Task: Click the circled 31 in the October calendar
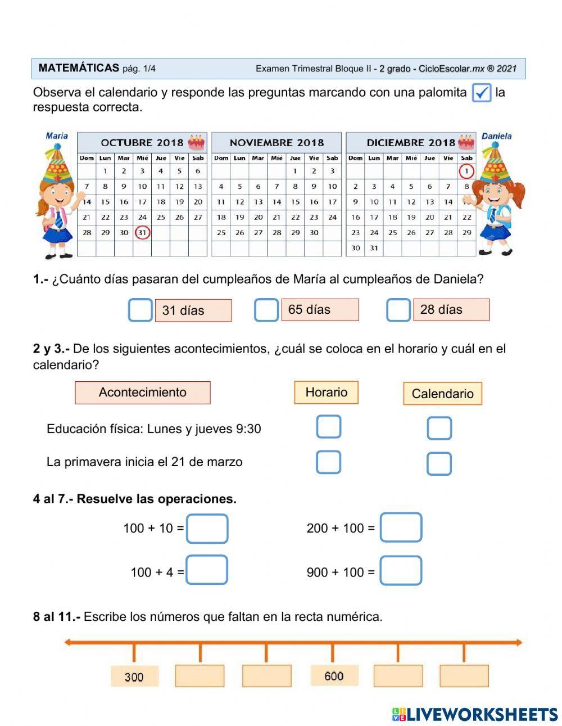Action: (x=142, y=232)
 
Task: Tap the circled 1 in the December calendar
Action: (x=466, y=171)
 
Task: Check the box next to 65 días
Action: (x=266, y=310)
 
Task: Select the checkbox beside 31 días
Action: (x=140, y=310)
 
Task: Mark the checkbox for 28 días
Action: (x=398, y=310)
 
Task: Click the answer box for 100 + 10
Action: (x=207, y=529)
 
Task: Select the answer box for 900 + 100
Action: (x=401, y=571)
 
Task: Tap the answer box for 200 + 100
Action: (x=401, y=527)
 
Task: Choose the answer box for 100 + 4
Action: (x=207, y=570)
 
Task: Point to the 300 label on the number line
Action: (x=134, y=677)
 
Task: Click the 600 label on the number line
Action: (x=334, y=676)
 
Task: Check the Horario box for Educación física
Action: (x=328, y=427)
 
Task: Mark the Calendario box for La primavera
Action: (x=439, y=464)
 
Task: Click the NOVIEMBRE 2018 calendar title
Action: (x=277, y=142)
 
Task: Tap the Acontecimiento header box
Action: (x=143, y=393)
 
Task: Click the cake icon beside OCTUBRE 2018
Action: (x=196, y=142)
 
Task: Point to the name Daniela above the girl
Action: (x=496, y=136)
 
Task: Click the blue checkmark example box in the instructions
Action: (x=481, y=92)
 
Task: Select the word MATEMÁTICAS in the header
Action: (x=79, y=68)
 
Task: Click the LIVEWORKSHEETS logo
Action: (x=475, y=714)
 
